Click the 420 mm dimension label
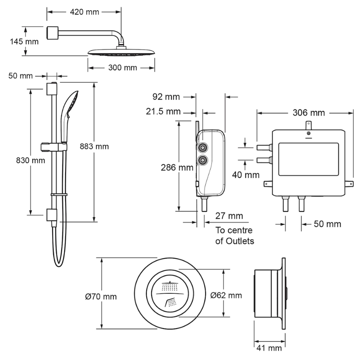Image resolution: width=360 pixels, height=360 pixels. [x=85, y=12]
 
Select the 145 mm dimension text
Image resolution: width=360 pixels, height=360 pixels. [x=24, y=41]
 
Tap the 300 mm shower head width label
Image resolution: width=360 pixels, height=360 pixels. [x=122, y=68]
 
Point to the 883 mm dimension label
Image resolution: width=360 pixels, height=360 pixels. [x=94, y=147]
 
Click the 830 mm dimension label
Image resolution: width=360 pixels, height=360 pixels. [x=31, y=160]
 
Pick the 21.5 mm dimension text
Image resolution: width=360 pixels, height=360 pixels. [x=163, y=112]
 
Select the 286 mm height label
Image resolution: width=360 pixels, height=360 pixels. [x=177, y=167]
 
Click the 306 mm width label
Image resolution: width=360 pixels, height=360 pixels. [x=309, y=113]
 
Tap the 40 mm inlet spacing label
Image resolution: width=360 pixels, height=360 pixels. [x=246, y=175]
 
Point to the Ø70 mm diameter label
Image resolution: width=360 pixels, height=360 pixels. [x=101, y=297]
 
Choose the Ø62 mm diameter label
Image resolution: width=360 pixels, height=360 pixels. [x=226, y=295]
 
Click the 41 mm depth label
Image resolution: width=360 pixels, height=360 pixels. [x=269, y=348]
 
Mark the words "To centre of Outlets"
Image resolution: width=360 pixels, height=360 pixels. [x=234, y=235]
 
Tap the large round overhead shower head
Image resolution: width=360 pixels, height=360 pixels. [x=121, y=52]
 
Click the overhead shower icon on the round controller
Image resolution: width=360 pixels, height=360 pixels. [x=170, y=286]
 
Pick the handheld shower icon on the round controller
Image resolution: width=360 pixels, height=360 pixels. [x=171, y=302]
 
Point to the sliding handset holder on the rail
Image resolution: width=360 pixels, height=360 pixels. [x=54, y=147]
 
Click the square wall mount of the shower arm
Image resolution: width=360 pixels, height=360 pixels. [x=53, y=33]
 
